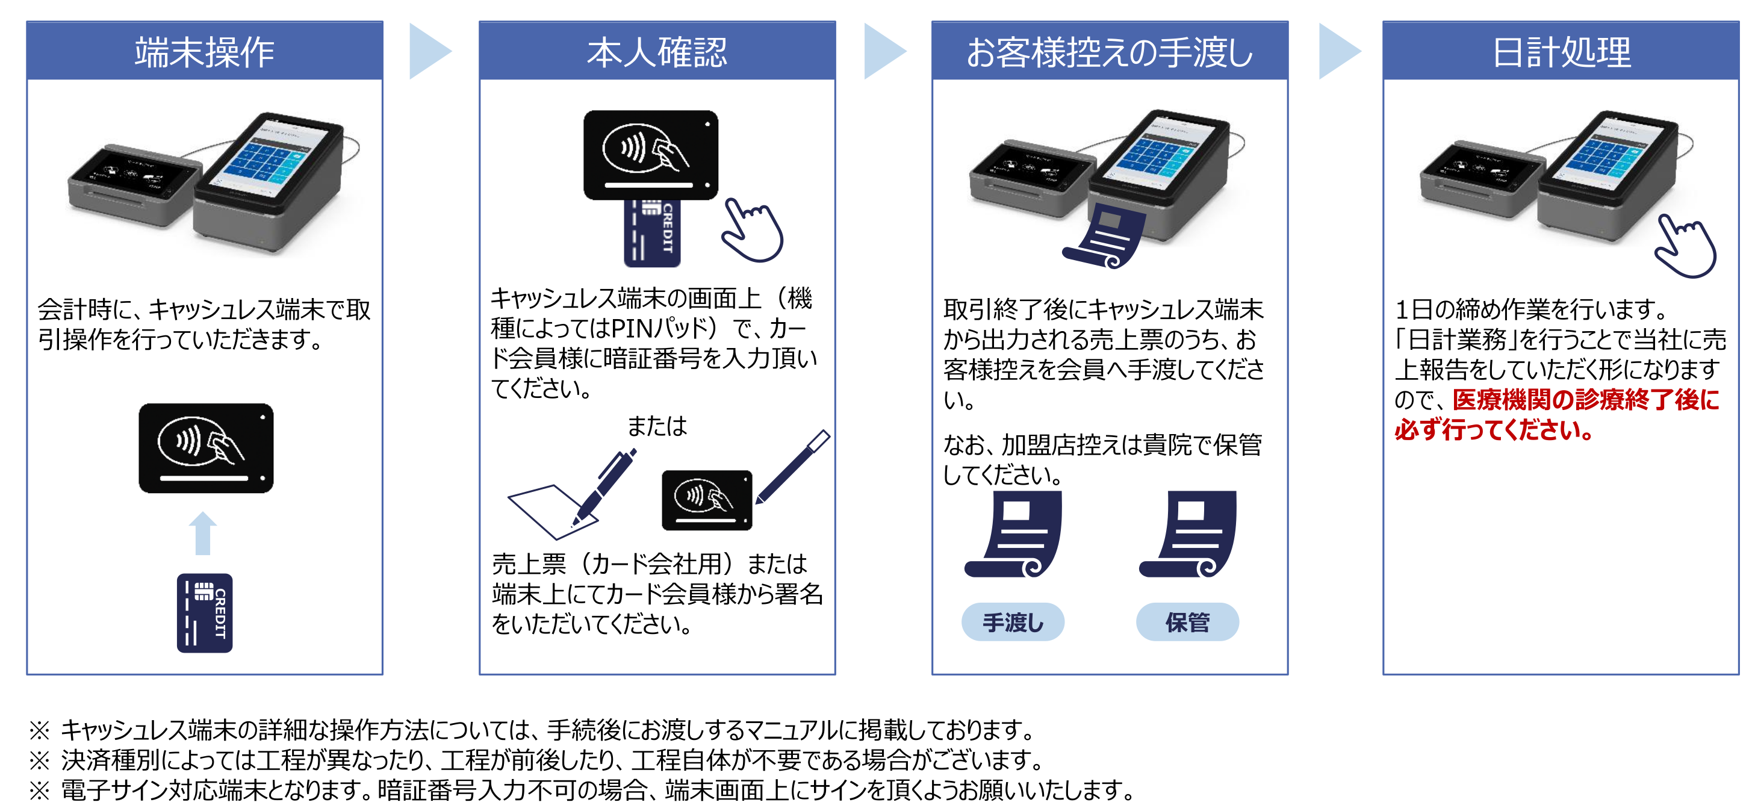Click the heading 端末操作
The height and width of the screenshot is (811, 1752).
pyautogui.click(x=204, y=52)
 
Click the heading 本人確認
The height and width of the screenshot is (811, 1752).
pyautogui.click(x=656, y=52)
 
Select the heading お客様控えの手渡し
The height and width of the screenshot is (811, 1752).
pyautogui.click(x=1108, y=52)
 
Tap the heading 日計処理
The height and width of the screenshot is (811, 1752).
pyautogui.click(x=1561, y=52)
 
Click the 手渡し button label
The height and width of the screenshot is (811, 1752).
pyautogui.click(x=1012, y=622)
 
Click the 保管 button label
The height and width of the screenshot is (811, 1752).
pyautogui.click(x=1187, y=622)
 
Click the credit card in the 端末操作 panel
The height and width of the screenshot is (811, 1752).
pyautogui.click(x=205, y=613)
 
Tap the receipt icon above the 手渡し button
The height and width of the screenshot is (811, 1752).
pyautogui.click(x=1014, y=534)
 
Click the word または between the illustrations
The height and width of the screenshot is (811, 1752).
pyautogui.click(x=656, y=426)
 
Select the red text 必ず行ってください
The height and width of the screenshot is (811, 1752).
pyautogui.click(x=1493, y=430)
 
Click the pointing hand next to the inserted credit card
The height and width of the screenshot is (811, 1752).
pyautogui.click(x=752, y=231)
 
